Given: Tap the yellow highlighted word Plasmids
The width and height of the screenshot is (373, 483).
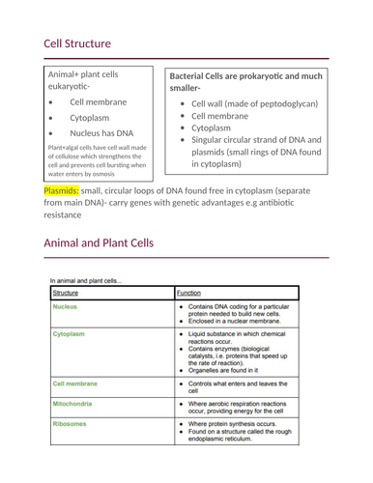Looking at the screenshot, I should point(64,190).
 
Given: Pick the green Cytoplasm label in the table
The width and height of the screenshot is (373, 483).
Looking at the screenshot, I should point(70,333).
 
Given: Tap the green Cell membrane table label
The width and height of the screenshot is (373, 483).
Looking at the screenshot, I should point(75,383).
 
